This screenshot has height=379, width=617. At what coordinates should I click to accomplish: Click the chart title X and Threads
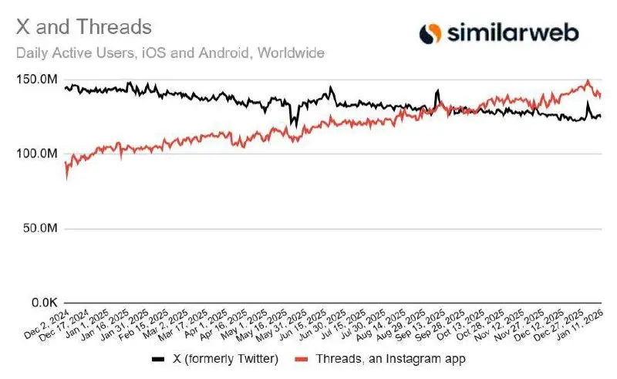pos(83,27)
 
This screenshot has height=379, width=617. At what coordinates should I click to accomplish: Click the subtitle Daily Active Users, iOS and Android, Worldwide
pos(170,53)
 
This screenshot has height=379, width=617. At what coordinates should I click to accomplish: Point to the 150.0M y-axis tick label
pos(37,80)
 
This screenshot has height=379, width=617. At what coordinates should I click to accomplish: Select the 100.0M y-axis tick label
pos(37,154)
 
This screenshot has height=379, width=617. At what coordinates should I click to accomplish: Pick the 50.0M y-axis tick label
pos(39,229)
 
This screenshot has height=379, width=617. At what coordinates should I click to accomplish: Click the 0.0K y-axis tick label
pos(42,304)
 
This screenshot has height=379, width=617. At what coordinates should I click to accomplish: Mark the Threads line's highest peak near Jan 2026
pos(588,80)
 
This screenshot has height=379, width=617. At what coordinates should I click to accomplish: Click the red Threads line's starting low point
pos(67,178)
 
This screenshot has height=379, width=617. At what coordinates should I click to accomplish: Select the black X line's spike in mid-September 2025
pos(437,91)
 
